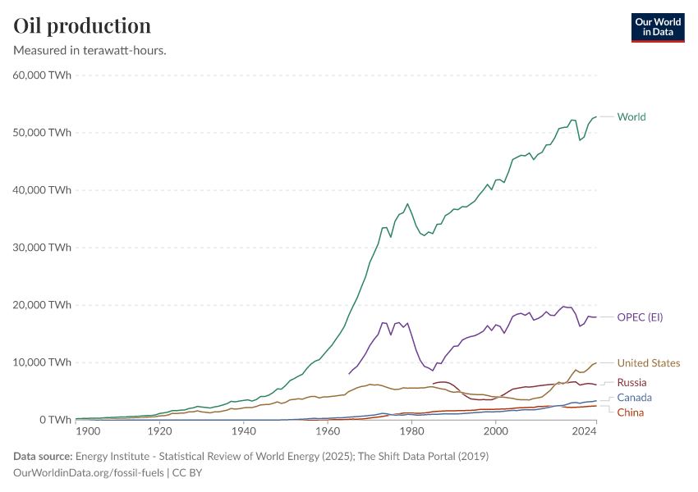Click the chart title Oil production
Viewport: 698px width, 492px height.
pos(82,25)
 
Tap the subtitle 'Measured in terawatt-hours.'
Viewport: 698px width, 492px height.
pos(90,50)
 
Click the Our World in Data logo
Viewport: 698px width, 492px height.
pos(657,27)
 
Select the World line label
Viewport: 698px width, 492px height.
pos(631,116)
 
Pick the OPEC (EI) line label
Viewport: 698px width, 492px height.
pos(640,317)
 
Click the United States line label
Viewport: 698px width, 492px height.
pos(648,362)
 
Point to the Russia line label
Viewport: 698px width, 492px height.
pos(631,382)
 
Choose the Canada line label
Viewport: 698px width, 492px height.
pos(633,397)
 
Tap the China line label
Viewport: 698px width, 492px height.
pos(630,412)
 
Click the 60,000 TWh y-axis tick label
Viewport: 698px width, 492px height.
pos(43,75)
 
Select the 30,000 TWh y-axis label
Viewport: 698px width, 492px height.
pos(43,248)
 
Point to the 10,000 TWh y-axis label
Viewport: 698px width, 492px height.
pos(43,362)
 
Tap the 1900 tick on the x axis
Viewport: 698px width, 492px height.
pos(87,431)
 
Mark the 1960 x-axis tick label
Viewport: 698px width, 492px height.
pos(328,431)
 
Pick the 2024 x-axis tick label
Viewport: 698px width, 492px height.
pos(584,431)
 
